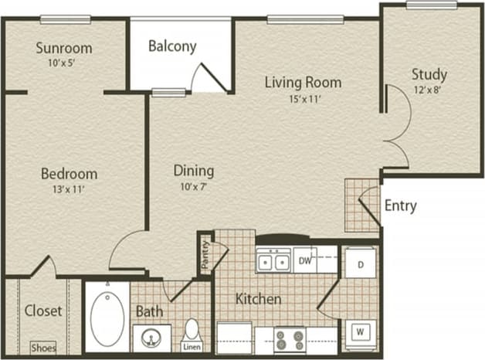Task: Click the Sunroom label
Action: (x=63, y=48)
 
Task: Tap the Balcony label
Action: (x=172, y=46)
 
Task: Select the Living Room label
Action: (x=303, y=82)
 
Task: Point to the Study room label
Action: (x=429, y=74)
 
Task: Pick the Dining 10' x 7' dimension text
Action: (x=193, y=187)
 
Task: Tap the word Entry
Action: (x=400, y=205)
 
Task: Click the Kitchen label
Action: (x=258, y=298)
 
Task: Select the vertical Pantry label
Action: (x=205, y=253)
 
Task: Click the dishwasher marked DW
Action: (x=305, y=262)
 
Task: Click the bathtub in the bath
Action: (x=107, y=318)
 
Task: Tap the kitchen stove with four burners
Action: (x=290, y=338)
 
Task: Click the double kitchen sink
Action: (x=273, y=263)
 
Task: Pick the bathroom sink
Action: (x=151, y=338)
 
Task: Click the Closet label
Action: (x=43, y=311)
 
